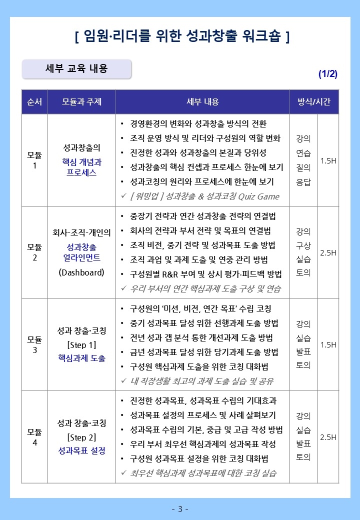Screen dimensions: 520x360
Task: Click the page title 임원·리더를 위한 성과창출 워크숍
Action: [x=181, y=36]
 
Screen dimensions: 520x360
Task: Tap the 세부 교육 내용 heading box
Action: [x=76, y=69]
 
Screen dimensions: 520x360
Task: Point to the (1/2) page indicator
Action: [x=328, y=74]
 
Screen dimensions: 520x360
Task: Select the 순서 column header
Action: [x=34, y=102]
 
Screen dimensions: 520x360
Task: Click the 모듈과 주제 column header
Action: [x=81, y=102]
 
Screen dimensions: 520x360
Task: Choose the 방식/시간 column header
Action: [x=314, y=102]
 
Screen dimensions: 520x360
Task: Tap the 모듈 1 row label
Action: [x=34, y=160]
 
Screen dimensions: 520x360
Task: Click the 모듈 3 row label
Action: [x=34, y=344]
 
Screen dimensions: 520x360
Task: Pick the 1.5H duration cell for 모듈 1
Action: [x=328, y=160]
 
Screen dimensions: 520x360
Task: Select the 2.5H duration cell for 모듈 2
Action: [x=328, y=252]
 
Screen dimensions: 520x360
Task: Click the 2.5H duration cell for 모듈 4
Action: [x=328, y=437]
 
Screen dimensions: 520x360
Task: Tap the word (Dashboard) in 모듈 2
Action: [x=81, y=272]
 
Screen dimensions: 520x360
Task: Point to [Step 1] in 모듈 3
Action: [x=81, y=344]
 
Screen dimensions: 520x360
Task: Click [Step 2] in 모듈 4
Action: [x=81, y=437]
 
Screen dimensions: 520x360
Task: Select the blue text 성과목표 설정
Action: [x=81, y=450]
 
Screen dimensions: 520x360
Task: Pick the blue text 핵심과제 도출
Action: [x=81, y=358]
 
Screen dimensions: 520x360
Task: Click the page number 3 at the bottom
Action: [x=180, y=509]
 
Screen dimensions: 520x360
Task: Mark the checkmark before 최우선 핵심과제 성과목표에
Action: [x=123, y=473]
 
